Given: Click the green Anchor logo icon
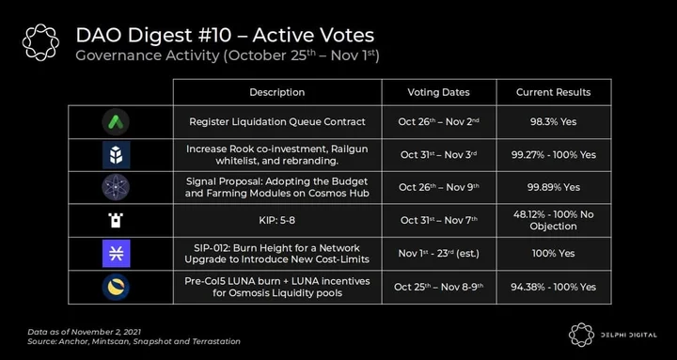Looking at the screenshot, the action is click(x=116, y=122).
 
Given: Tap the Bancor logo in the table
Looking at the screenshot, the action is click(x=117, y=154).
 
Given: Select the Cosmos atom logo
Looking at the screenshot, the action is click(x=116, y=187).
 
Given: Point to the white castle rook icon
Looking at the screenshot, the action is click(x=116, y=221).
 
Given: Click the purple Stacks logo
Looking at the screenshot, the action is click(x=117, y=254).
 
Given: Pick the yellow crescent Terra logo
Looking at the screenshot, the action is click(x=116, y=287).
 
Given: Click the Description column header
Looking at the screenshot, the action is click(x=277, y=92).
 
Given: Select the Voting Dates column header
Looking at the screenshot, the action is click(x=439, y=92).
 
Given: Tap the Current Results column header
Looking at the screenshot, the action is click(x=554, y=92).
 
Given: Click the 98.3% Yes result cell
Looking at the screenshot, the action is click(x=554, y=122).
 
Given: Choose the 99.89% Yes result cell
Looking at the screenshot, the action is click(x=554, y=187).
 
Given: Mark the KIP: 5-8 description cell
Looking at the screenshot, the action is click(x=277, y=221).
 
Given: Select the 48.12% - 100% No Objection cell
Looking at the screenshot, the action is click(x=554, y=221).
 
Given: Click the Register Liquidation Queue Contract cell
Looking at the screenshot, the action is click(x=277, y=122).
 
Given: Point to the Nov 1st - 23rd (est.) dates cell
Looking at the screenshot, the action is click(x=439, y=254).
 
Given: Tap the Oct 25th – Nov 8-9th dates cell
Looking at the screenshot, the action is click(x=439, y=287).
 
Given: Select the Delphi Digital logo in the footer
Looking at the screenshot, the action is click(x=613, y=335).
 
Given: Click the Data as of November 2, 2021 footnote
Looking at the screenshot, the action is click(x=85, y=332).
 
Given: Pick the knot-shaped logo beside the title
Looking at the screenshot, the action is click(x=41, y=42).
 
